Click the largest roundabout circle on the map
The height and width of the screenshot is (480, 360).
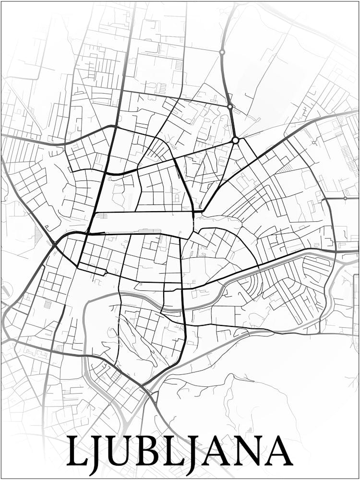(235, 140)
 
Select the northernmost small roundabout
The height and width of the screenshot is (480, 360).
(222, 52)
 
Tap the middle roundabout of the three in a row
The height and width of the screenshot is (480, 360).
(230, 106)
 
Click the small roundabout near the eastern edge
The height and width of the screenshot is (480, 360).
(345, 198)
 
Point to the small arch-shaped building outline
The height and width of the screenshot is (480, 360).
(177, 198)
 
